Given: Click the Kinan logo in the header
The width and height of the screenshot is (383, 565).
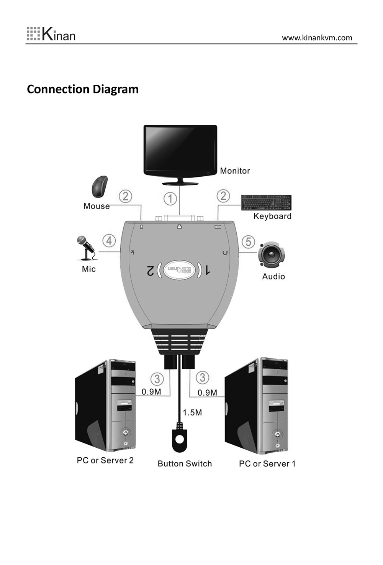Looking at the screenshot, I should click(x=51, y=34).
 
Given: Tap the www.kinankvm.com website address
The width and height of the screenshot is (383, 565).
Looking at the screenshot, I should click(x=317, y=38).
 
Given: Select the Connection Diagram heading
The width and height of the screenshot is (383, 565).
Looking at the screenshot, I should click(x=83, y=89).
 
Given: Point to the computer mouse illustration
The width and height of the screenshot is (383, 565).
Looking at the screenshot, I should click(x=100, y=187).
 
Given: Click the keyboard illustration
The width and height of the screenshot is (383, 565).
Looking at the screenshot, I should click(x=266, y=203).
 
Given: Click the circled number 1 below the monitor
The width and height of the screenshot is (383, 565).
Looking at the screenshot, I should click(x=170, y=199).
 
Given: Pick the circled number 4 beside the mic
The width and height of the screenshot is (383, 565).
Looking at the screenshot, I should click(x=109, y=241).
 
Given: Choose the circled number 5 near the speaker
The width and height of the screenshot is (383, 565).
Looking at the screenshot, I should click(x=248, y=242).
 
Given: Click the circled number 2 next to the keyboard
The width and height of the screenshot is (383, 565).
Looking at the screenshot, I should click(x=223, y=196).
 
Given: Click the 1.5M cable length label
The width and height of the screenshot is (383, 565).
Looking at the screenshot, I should click(x=192, y=413).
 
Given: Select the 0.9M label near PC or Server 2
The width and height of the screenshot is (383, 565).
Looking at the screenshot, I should click(x=151, y=392).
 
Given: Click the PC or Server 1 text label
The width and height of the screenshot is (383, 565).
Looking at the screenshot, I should click(x=267, y=464).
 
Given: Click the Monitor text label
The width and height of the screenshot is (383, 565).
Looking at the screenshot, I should click(x=235, y=171).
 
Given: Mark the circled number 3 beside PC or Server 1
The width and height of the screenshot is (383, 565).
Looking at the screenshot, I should click(x=202, y=378).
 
